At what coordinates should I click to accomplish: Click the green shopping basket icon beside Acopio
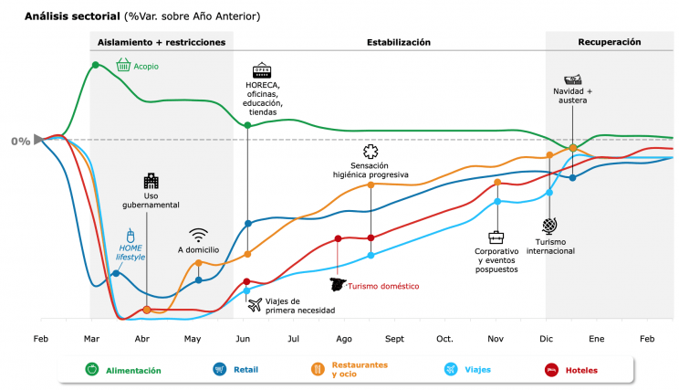tap(122, 65)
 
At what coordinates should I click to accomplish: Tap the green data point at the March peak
tap(96, 65)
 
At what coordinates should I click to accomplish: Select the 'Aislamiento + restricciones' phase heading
tap(162, 42)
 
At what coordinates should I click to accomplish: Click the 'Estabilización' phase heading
tap(399, 42)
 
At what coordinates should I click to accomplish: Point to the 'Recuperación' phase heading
tap(610, 42)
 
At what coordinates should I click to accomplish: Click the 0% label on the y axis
tap(20, 141)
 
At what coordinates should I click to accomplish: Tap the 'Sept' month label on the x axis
tap(394, 339)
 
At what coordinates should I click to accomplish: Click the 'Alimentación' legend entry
tap(133, 370)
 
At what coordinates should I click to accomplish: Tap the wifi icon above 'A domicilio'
tap(199, 235)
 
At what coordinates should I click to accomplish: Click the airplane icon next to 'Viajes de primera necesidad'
tap(255, 303)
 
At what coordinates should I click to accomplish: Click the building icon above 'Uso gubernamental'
tap(151, 181)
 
